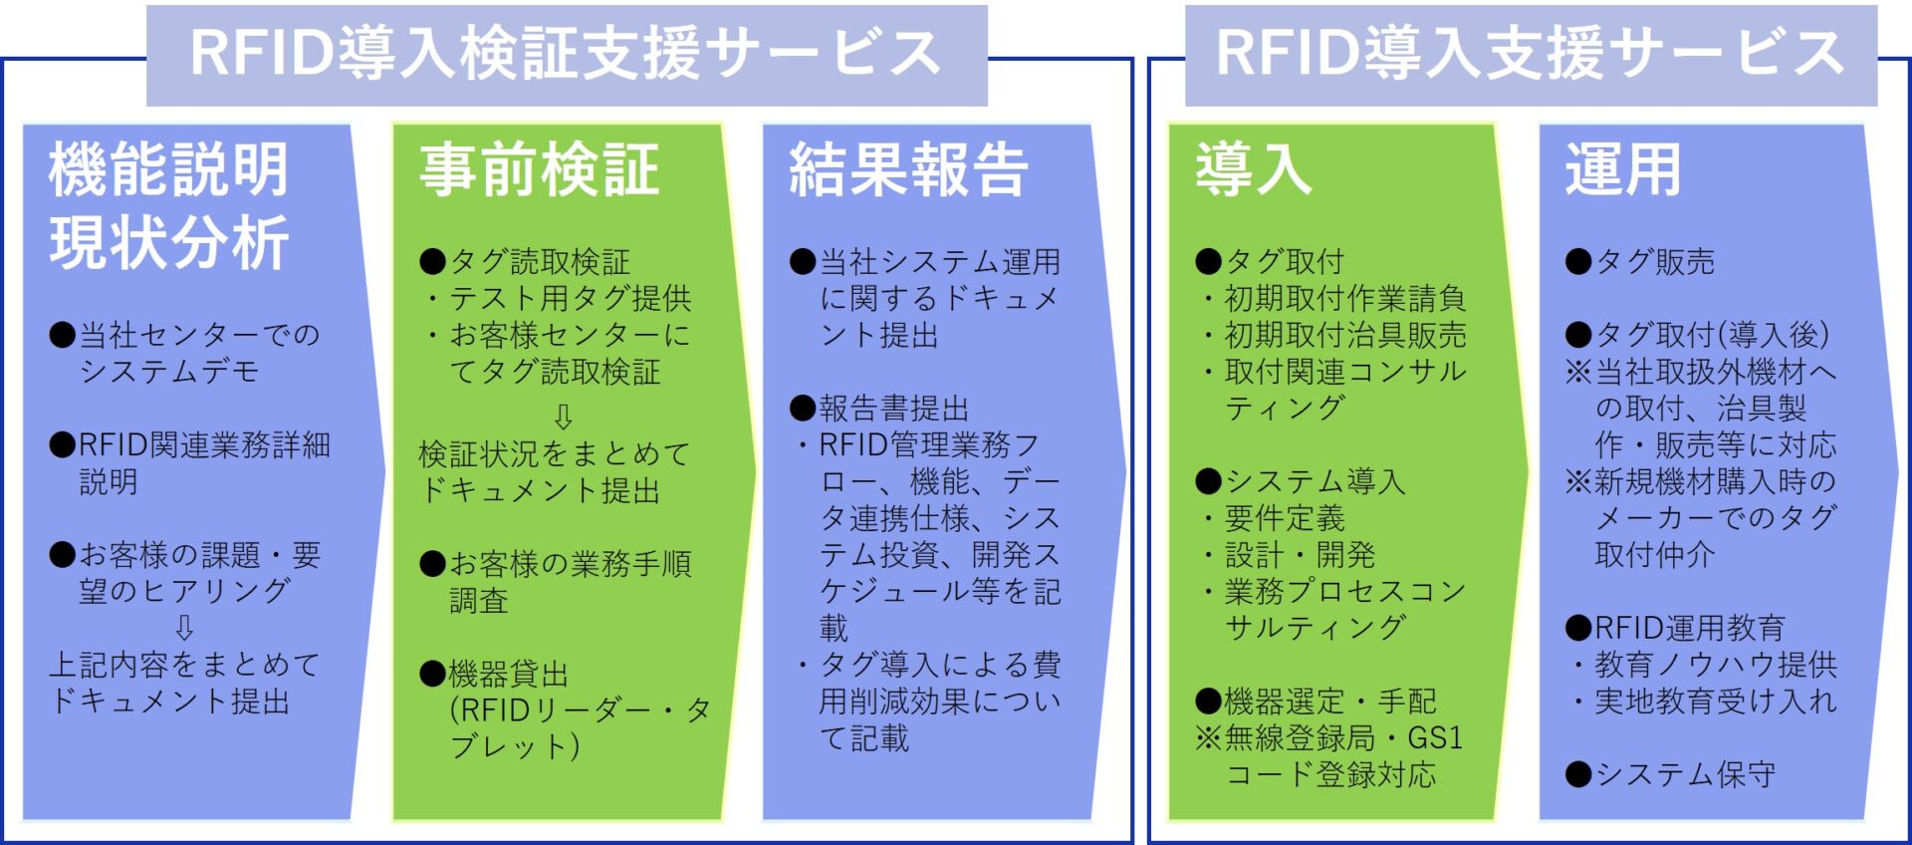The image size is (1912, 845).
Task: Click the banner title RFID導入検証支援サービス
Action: coord(566,54)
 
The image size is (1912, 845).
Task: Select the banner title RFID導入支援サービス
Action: coord(1530,54)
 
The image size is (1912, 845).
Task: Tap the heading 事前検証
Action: coord(540,170)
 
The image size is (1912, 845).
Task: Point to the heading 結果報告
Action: coord(908,170)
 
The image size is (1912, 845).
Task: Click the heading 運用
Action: coord(1623,170)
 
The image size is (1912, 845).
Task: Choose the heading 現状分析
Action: coord(169,243)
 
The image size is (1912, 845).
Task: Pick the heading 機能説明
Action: coord(169,170)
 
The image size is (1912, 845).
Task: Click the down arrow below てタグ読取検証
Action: coord(563,416)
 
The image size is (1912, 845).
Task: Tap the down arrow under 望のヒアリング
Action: coord(184,628)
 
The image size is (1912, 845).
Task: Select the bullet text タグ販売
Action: coord(1654,262)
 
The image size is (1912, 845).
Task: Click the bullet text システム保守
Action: coord(1685,774)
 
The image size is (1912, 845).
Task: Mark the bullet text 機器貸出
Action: coord(508,675)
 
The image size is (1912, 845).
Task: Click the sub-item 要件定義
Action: coord(1285,518)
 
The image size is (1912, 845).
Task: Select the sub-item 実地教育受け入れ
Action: coord(1715,702)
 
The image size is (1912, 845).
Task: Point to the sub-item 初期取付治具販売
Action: coord(1344,335)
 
